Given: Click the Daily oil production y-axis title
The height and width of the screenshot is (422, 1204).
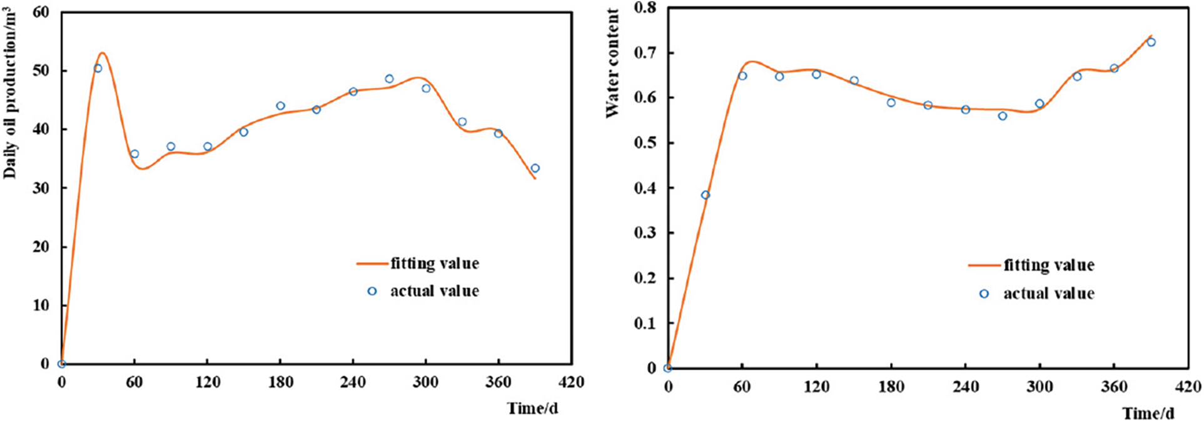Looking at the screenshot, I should tap(10, 94).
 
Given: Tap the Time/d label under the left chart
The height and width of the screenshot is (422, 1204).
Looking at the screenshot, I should tap(532, 408).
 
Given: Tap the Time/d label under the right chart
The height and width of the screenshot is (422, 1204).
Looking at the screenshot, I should tap(1148, 413).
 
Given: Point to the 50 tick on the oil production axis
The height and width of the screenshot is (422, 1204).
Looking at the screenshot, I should tap(41, 71).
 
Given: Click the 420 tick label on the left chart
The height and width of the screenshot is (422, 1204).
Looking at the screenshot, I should tap(570, 382).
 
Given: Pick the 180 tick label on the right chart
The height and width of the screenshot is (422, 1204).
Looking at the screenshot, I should tap(891, 387).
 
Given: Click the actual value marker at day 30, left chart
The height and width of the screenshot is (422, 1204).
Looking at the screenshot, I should tap(98, 68).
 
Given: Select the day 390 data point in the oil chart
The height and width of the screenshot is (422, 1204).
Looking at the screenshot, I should tap(535, 168).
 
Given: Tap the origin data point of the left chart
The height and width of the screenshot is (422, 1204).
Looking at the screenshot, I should tap(61, 364).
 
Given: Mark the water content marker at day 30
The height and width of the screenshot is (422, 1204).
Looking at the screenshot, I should tap(706, 195).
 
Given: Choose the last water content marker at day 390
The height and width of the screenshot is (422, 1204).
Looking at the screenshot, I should tap(1151, 43).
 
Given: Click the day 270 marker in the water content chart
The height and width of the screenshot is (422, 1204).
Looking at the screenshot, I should tap(1003, 116).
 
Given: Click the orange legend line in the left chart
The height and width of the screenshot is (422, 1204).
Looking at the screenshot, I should tap(372, 264).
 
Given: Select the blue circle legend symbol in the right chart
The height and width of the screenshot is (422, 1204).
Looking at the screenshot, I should tap(984, 293).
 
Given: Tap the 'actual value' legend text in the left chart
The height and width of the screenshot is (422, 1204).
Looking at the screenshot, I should tap(435, 291).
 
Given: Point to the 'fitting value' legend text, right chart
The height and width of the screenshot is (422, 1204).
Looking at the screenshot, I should tap(1049, 265).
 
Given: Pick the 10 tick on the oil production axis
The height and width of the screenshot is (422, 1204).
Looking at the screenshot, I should tap(41, 305).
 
